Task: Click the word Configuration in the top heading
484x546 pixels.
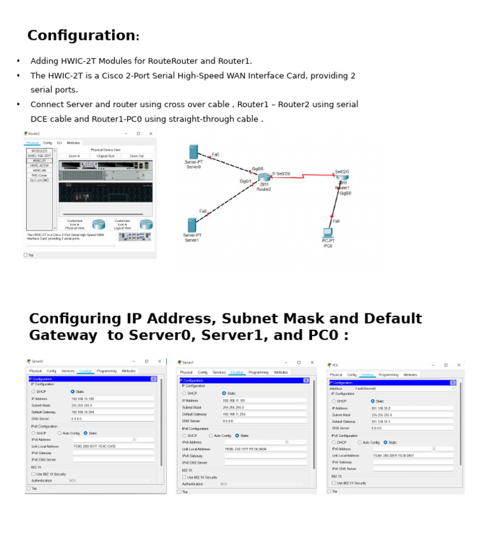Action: (81, 36)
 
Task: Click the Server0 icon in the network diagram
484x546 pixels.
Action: (193, 152)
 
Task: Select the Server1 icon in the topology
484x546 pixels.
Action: (192, 225)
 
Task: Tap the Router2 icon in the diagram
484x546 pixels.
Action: (263, 177)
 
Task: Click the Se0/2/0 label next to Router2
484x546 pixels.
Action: (282, 173)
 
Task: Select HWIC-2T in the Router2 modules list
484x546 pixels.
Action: (39, 161)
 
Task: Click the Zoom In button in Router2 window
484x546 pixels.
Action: (74, 156)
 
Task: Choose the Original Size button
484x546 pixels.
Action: (105, 156)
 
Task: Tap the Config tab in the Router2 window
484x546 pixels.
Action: (47, 143)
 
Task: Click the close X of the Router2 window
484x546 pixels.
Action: (151, 134)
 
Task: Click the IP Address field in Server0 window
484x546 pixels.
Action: (112, 398)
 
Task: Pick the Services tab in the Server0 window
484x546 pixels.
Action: (68, 371)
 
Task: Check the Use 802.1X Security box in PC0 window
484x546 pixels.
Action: (334, 483)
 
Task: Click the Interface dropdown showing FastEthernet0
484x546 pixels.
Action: (403, 389)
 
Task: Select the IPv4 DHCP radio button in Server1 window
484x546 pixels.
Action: (185, 393)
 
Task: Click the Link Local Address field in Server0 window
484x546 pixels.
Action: (112, 446)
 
